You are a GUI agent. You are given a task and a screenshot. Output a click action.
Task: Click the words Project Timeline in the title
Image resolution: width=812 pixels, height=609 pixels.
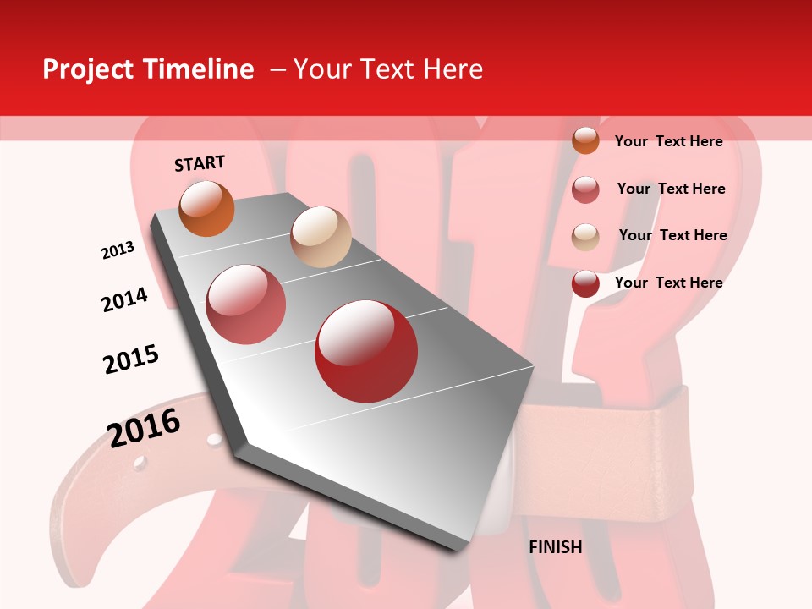148,69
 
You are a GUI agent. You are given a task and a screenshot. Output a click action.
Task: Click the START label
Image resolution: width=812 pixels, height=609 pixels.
200,163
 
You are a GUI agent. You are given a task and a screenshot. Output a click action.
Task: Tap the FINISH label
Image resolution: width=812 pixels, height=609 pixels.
556,547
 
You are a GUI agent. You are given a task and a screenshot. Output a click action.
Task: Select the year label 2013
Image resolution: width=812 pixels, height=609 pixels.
118,250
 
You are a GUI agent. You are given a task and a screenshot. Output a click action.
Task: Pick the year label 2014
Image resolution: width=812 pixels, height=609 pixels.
124,299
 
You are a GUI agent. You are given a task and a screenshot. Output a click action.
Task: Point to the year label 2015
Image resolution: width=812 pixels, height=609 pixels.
131,359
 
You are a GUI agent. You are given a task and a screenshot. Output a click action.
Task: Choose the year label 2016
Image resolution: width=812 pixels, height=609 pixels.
144,427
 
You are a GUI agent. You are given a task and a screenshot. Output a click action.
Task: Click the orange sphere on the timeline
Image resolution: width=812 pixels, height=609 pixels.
206,208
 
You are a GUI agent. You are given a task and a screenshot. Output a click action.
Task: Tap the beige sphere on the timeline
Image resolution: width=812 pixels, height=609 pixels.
321,237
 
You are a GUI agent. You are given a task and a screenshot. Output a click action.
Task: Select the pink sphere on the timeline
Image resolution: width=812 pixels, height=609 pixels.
246,304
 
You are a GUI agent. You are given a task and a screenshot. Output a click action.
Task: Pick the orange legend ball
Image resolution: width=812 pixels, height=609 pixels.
585,140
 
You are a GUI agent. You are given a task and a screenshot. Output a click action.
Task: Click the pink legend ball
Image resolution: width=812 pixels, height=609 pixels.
585,189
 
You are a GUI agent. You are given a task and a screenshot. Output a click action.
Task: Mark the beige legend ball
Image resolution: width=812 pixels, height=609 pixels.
585,237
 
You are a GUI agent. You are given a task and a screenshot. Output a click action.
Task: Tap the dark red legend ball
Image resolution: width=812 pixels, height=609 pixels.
585,283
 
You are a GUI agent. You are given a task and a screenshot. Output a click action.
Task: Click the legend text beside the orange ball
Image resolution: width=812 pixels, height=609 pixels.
668,141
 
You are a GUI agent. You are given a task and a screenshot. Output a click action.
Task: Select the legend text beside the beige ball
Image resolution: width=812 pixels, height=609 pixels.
672,235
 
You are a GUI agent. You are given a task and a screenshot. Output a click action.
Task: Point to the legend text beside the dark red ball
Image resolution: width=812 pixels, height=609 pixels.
668,283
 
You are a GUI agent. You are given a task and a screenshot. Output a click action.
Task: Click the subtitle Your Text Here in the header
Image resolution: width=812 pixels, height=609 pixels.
388,69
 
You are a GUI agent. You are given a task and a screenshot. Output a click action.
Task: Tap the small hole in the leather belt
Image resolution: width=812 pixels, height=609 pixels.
140,463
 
